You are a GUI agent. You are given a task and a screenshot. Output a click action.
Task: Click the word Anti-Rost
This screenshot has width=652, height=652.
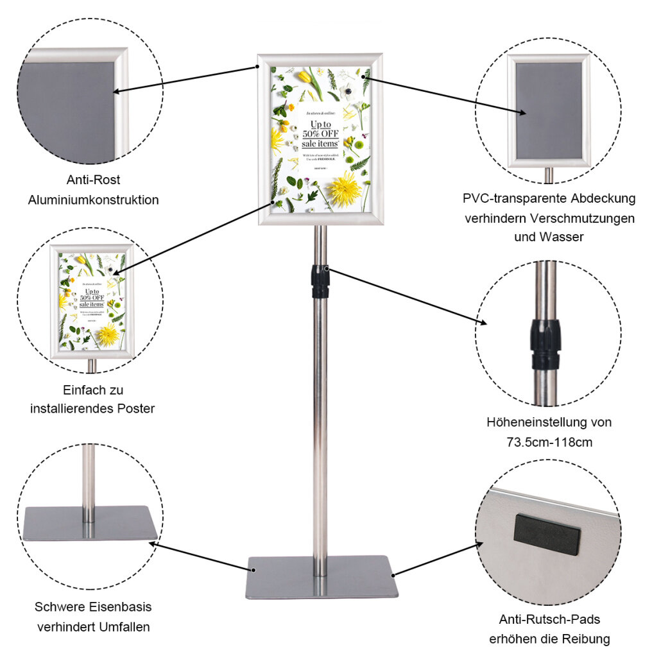click(94, 180)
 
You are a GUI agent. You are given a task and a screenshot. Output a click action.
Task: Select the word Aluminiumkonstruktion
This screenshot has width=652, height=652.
click(94, 200)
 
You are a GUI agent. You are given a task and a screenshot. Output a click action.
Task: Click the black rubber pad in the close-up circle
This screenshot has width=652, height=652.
click(547, 534)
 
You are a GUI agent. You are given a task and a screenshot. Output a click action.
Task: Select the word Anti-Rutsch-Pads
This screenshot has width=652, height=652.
click(549, 619)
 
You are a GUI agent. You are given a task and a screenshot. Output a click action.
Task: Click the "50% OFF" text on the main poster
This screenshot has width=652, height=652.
click(321, 133)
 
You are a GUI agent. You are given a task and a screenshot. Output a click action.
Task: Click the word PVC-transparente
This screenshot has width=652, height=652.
click(511, 198)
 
